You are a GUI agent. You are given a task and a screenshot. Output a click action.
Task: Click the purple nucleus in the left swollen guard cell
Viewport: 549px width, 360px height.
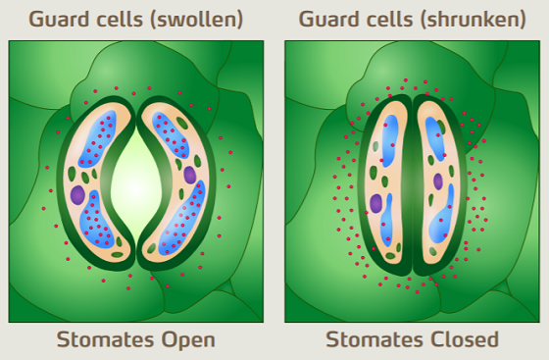78,194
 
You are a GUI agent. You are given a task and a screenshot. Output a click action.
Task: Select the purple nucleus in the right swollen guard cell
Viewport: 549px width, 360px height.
189,175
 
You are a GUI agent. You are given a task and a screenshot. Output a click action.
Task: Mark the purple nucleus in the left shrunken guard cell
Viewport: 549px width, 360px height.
376,203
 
